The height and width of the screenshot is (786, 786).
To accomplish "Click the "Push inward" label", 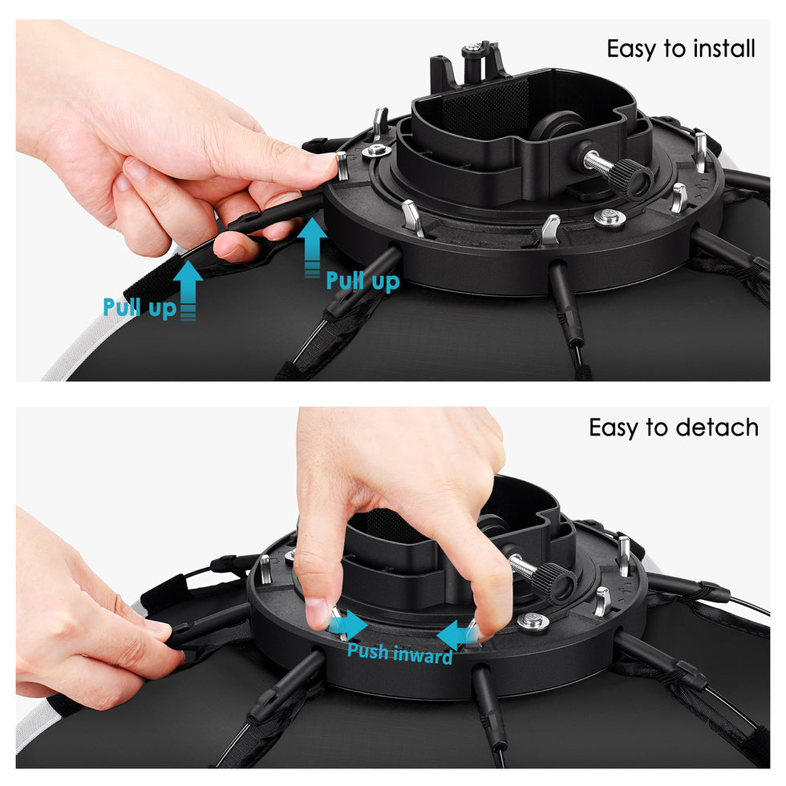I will click(399, 654).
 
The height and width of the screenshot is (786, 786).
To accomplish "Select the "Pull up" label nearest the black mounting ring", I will click(363, 281).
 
